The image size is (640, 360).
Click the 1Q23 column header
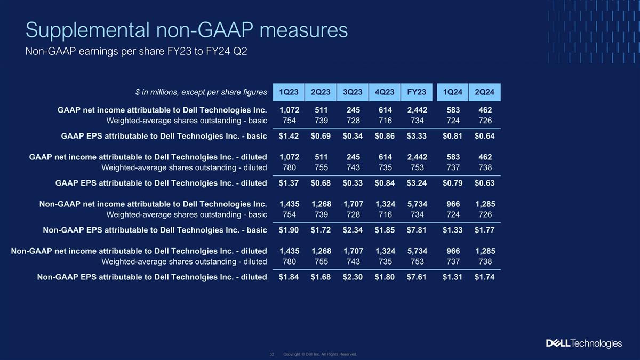pos(289,92)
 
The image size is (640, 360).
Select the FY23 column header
pos(417,92)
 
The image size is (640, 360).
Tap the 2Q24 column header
pos(485,92)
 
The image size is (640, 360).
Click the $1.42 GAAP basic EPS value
pos(289,136)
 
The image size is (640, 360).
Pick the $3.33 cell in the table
pos(417,136)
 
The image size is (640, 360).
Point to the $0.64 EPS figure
pos(485,136)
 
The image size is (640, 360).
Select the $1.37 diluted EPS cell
pos(289,183)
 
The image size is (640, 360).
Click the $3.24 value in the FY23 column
pos(417,183)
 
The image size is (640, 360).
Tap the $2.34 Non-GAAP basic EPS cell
pos(353,230)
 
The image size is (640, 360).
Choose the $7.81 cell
pos(417,230)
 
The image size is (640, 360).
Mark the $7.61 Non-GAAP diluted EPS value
pos(417,277)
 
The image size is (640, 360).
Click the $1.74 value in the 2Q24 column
pos(485,277)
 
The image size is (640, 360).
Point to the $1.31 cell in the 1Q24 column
pos(453,277)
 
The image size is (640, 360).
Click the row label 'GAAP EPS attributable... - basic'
pos(164,136)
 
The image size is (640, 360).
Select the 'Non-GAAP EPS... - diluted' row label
pos(152,277)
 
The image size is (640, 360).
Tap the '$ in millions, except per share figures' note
pos(201,92)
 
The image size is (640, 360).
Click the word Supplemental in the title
pos(87,30)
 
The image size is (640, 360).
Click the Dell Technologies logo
pos(583,343)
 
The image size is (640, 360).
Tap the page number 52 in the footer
pos(271,354)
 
